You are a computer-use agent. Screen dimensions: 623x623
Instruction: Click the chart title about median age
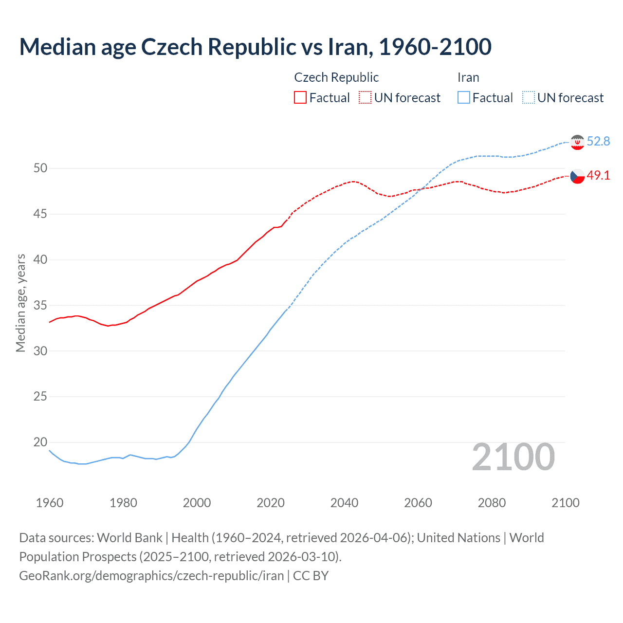255,47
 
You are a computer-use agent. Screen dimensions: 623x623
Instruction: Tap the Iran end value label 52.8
598,141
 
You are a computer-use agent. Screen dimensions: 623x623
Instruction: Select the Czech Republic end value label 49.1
598,175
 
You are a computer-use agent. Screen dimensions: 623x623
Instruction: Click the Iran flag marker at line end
577,142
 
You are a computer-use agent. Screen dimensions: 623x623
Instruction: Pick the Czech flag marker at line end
577,176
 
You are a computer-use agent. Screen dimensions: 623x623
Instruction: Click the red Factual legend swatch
300,97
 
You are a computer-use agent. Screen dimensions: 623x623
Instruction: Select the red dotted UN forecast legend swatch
365,97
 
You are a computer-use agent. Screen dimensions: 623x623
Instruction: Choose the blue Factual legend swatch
464,97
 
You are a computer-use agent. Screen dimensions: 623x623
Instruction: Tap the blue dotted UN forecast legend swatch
528,97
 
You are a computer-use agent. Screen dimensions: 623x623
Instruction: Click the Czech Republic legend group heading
336,77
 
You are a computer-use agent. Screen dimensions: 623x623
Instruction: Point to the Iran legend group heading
468,77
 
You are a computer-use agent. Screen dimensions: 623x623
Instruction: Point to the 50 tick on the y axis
40,168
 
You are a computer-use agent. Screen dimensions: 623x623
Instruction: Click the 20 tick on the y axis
40,442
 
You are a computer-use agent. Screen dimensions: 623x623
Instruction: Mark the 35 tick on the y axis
40,305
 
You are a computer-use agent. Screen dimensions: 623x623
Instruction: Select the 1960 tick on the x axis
50,503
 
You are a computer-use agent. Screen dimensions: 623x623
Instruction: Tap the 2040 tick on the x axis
344,503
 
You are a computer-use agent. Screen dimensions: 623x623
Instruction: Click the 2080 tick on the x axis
492,503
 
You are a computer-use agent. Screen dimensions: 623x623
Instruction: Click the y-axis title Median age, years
20,303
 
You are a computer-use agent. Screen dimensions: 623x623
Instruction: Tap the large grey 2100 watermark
513,457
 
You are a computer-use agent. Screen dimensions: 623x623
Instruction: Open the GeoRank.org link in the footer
151,576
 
